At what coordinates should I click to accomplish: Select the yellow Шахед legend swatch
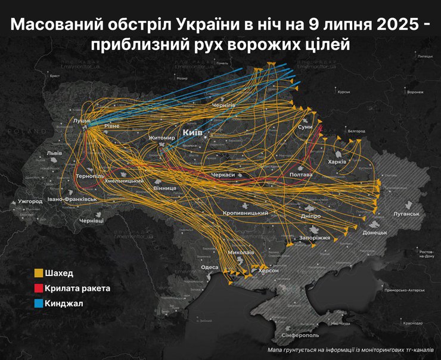click(x=38, y=274)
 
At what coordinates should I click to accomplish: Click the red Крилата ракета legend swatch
click(x=38, y=288)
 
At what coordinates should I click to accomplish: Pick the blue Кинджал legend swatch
click(x=38, y=303)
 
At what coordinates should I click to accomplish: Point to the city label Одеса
click(x=210, y=268)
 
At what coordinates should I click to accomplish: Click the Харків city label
click(x=337, y=162)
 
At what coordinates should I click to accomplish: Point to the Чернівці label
click(x=91, y=221)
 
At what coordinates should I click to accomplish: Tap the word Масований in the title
click(x=49, y=25)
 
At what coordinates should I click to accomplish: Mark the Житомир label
click(x=162, y=138)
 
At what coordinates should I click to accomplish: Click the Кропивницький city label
click(x=245, y=213)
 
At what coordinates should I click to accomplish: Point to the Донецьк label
click(x=375, y=232)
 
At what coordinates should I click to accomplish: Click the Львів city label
click(x=54, y=153)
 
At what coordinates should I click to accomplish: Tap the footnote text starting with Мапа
click(x=350, y=350)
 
